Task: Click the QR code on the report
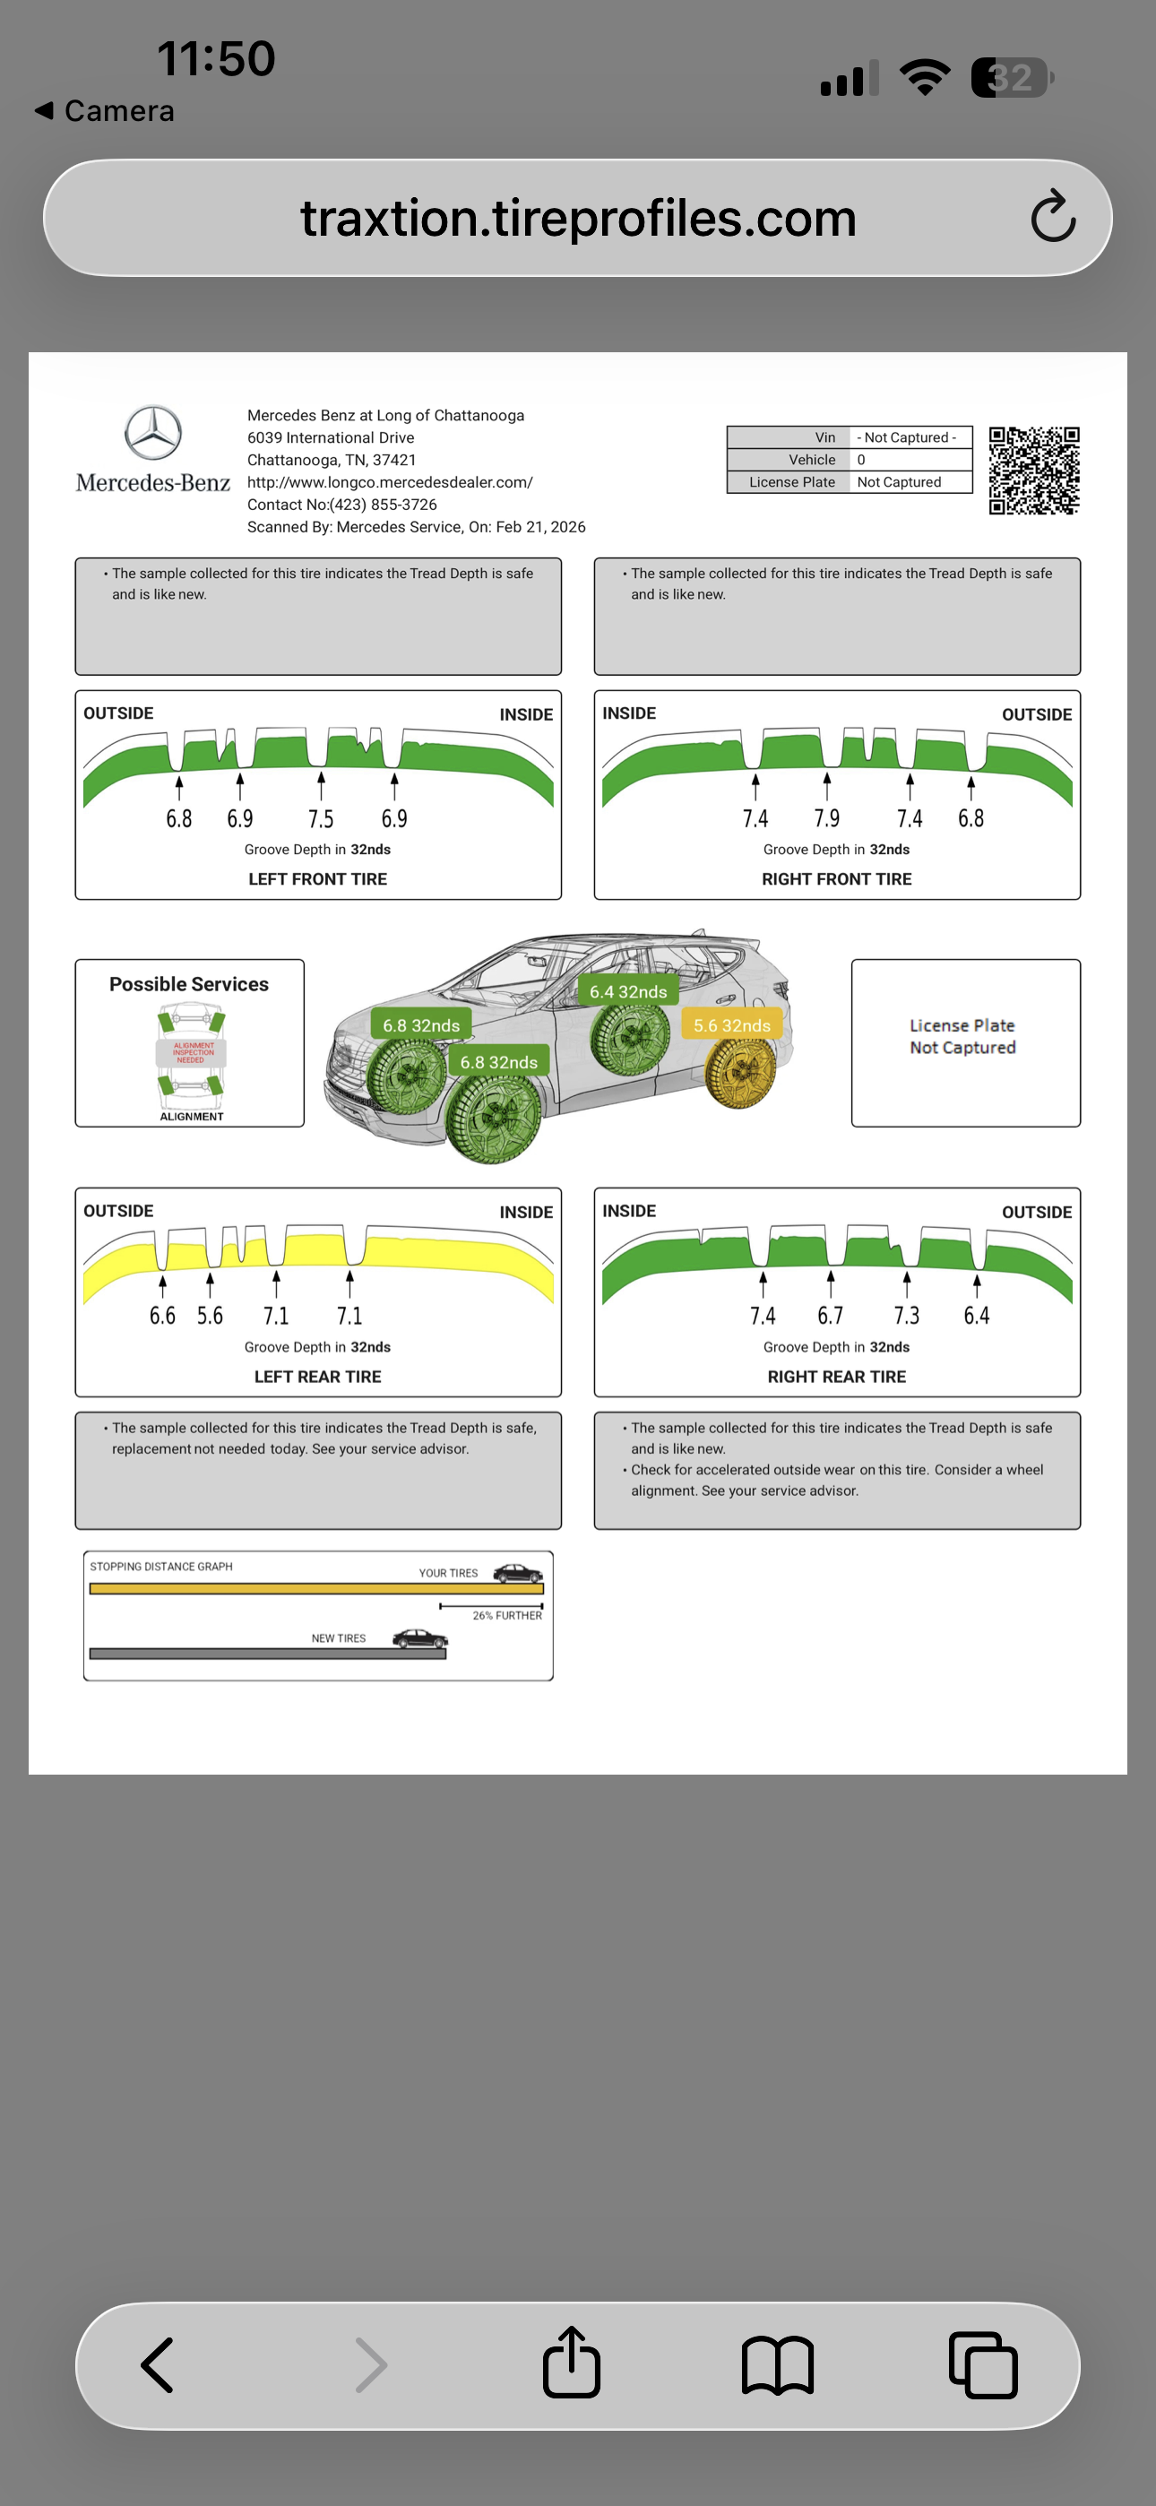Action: (1033, 470)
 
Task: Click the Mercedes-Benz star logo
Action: (152, 433)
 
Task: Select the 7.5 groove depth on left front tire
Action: (321, 819)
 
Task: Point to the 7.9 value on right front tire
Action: (827, 819)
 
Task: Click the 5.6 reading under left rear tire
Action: (211, 1317)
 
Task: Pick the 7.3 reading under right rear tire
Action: (907, 1317)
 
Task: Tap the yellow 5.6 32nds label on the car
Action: (732, 1025)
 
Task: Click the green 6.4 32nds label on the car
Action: (628, 991)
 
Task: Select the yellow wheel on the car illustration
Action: (739, 1072)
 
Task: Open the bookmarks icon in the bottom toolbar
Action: (778, 2365)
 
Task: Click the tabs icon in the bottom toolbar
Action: (983, 2365)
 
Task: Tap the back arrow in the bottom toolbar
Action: (159, 2365)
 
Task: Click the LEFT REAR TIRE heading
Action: (317, 1377)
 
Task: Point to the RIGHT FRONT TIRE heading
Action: (837, 879)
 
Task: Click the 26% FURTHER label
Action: (507, 1616)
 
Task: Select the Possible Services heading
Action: (189, 984)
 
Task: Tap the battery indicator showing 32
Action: (1012, 78)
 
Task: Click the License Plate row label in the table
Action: (792, 482)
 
